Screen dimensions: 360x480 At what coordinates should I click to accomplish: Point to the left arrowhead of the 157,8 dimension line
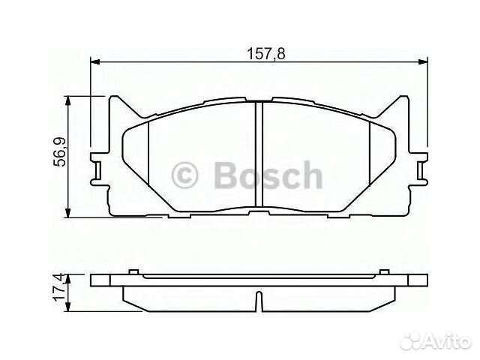(95, 62)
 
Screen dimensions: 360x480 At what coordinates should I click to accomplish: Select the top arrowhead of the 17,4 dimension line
(69, 278)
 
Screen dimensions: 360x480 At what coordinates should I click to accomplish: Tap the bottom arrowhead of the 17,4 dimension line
(69, 309)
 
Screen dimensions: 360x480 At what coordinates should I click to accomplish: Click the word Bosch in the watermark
(268, 177)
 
